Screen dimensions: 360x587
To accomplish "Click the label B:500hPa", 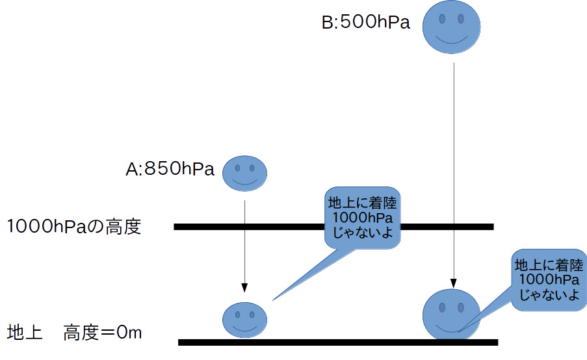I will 366,23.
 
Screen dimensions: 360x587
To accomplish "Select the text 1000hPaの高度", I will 74,227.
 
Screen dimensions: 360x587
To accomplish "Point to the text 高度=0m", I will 102,333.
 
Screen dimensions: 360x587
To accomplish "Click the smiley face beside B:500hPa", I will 451,27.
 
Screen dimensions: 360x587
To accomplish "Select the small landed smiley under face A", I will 245,318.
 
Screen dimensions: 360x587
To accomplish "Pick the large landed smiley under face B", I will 451,313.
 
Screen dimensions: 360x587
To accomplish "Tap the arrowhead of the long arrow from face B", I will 451,283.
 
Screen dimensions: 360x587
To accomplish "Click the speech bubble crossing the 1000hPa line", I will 361,216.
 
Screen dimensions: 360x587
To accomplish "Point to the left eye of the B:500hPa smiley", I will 442,19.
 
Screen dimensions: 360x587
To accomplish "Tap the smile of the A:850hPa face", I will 245,183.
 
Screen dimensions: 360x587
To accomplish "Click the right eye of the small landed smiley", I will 252,314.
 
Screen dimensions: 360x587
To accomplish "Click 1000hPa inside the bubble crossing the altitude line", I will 361,216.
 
